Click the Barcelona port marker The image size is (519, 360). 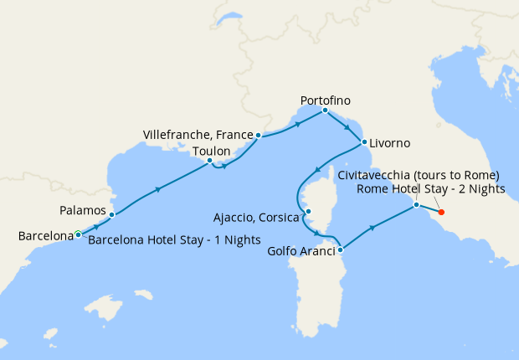78,234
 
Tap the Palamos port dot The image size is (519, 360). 111,215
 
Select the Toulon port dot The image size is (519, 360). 210,161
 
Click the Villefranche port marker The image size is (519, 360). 258,135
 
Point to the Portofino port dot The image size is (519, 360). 325,111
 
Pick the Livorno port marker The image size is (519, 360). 363,142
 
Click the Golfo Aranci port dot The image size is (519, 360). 342,249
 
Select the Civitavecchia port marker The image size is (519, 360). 416,205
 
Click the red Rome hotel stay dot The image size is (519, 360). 441,212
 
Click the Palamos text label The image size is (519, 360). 83,209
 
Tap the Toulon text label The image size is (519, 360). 211,152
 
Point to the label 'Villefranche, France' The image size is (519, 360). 197,134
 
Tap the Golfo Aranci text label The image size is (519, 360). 302,250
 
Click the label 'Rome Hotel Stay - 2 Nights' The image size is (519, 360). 430,189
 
